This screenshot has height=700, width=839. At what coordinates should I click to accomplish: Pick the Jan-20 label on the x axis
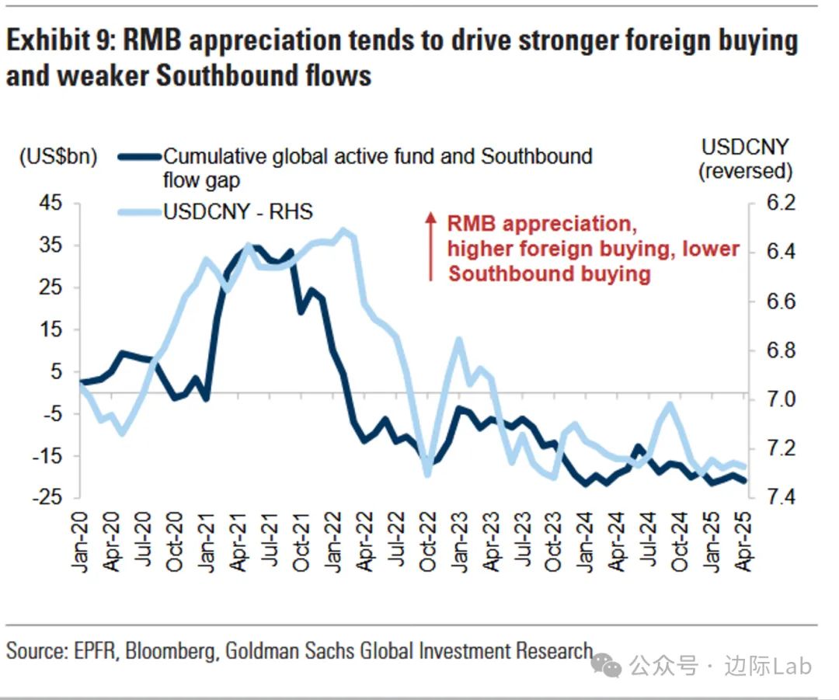pos(80,543)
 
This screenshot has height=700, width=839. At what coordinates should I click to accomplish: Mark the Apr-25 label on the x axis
pos(744,543)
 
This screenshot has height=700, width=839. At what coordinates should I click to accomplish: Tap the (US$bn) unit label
pos(58,156)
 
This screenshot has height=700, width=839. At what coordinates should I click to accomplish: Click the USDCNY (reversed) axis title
pos(745,158)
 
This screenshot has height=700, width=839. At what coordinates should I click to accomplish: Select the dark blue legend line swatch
pos(140,157)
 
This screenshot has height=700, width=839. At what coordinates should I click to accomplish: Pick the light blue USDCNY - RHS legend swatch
pos(140,211)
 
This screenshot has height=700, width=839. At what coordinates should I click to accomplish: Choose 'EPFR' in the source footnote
pos(92,650)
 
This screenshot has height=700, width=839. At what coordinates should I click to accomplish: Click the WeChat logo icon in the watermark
pos(607,665)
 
